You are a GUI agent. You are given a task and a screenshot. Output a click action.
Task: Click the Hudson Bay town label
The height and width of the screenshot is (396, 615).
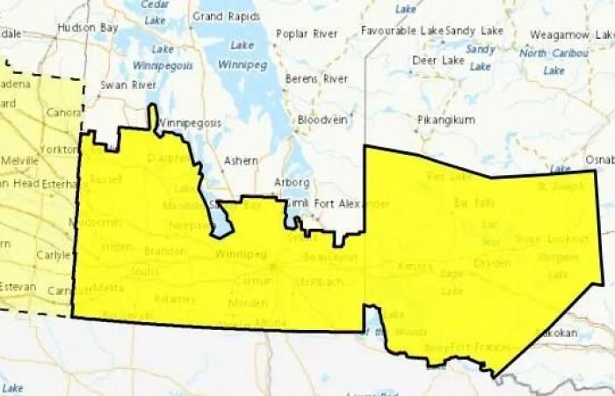[x=88, y=27]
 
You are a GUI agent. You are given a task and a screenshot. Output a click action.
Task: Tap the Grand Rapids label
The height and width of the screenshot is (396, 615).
[x=221, y=16]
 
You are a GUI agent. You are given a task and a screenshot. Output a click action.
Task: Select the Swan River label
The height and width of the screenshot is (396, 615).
[x=127, y=85]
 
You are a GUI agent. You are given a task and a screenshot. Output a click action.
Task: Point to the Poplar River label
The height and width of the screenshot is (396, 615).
[x=307, y=34]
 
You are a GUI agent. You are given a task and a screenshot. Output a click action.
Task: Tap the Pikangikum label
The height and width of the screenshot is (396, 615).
[x=445, y=119]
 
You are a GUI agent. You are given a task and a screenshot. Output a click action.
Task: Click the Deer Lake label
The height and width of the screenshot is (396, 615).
[x=438, y=61]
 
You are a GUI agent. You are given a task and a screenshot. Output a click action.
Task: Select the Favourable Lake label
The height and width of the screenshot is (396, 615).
[x=402, y=31]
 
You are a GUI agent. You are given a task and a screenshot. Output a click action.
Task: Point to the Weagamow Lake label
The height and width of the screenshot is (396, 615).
[x=572, y=34]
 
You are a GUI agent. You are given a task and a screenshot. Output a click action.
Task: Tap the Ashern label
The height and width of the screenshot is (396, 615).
[x=241, y=161]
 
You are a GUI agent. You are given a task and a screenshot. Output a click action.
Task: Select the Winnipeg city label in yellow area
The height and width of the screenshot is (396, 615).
[x=238, y=254]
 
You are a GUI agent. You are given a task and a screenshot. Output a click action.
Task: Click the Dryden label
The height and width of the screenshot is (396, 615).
[x=492, y=263]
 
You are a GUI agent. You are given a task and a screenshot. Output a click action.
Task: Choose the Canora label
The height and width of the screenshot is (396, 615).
[x=63, y=113]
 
